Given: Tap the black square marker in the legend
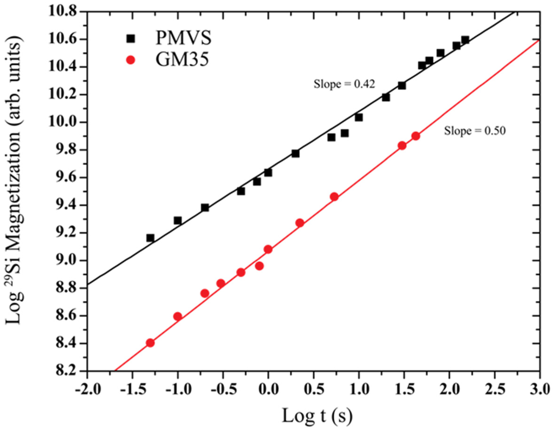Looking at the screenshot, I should point(130,38).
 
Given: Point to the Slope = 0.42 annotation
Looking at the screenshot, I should point(344,84).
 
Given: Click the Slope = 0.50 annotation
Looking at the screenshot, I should point(474,130).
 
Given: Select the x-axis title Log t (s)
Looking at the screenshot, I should point(313,415).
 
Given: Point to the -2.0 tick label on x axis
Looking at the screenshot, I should point(86,390).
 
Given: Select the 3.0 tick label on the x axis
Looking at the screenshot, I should point(539,390).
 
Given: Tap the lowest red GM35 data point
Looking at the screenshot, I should point(150,342).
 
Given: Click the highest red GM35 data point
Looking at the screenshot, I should point(415,136).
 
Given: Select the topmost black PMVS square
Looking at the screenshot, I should point(465,40).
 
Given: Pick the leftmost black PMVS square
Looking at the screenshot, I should point(150,238).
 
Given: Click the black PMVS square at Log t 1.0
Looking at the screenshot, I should point(359,117).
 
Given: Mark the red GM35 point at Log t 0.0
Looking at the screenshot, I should point(268,249).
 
